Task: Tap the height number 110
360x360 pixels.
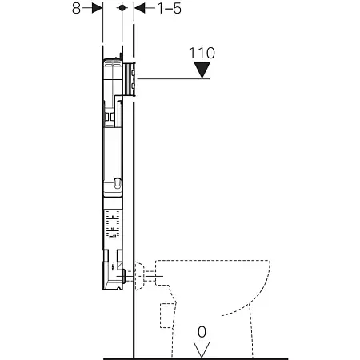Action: [201, 54]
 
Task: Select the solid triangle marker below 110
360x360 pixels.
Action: [201, 72]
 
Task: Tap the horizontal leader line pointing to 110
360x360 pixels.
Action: [172, 78]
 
